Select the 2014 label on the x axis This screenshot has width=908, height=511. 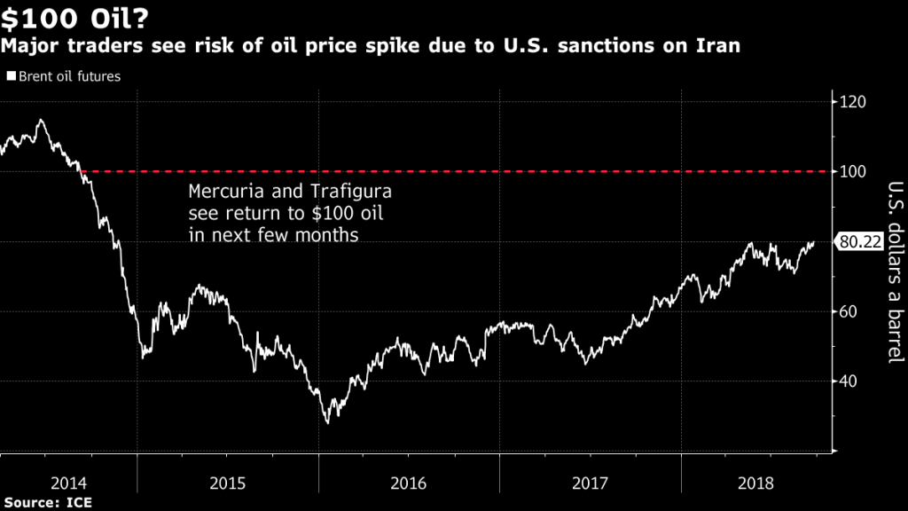pyautogui.click(x=68, y=483)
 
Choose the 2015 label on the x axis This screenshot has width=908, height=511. pyautogui.click(x=227, y=483)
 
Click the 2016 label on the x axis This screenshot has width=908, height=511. pyautogui.click(x=409, y=483)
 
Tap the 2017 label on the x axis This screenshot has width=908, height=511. pyautogui.click(x=590, y=483)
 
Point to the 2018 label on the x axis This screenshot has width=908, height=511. pyautogui.click(x=755, y=483)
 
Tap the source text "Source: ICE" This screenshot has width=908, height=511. pyautogui.click(x=48, y=502)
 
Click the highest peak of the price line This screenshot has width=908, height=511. pyautogui.click(x=40, y=120)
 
